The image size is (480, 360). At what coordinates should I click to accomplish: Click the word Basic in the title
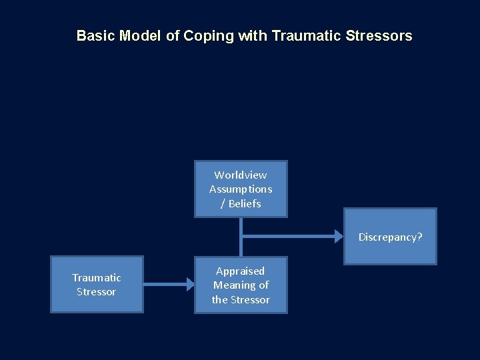96,36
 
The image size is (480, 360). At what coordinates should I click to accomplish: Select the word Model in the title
139,36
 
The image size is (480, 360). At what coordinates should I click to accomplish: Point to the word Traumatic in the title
307,36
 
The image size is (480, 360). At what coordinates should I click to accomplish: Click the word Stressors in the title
379,36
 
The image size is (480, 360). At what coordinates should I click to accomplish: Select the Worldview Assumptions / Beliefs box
241,189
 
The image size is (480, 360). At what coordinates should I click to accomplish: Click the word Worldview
241,175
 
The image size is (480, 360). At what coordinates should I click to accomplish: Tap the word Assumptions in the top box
241,189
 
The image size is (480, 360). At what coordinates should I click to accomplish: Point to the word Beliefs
245,203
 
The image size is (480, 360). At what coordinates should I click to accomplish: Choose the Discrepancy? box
390,237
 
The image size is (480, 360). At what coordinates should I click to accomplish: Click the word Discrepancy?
390,237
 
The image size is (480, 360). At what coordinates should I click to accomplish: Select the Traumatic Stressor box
97,285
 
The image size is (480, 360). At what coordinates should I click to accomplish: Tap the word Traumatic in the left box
97,277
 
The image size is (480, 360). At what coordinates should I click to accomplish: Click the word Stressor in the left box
97,292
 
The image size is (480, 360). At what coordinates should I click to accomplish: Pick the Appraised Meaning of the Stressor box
241,285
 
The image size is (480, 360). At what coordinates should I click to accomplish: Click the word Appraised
241,271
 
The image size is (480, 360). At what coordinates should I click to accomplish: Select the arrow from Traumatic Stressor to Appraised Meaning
167,285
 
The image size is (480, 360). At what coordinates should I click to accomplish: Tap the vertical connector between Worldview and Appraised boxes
241,237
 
